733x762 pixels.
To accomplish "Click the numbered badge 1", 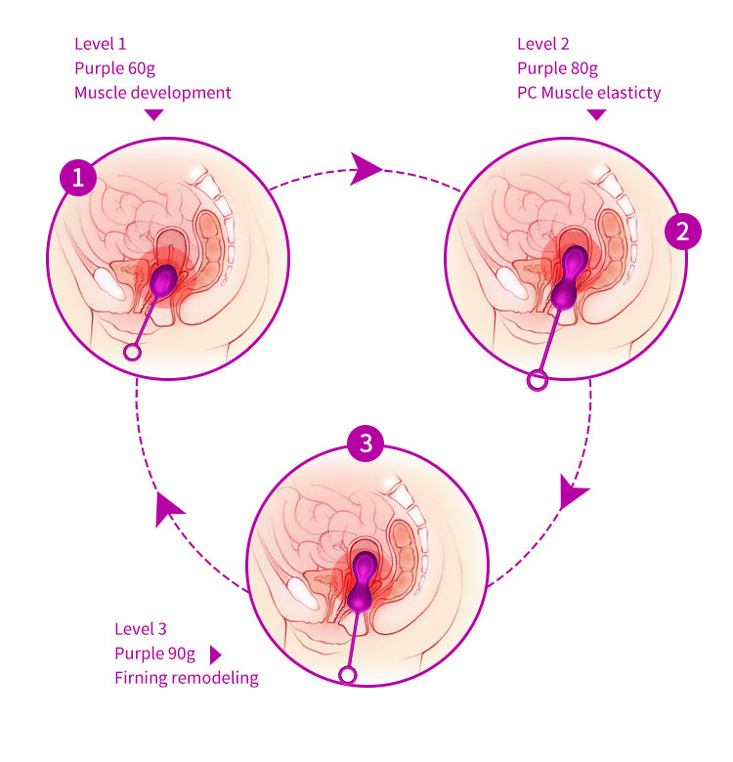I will click(78, 178).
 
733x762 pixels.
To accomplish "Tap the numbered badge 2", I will click(682, 231).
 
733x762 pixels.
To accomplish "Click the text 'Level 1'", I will click(101, 44).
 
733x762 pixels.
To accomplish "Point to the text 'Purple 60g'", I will click(114, 68).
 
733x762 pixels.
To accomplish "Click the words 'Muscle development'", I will click(152, 93).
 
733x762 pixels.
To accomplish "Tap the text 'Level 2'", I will click(542, 44).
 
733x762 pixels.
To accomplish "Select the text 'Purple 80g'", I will click(557, 68).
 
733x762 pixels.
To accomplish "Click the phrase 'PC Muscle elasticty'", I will click(588, 93).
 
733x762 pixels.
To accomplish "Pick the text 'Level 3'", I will click(141, 629).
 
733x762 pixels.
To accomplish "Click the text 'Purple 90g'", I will click(155, 654).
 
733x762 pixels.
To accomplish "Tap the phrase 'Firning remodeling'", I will click(186, 678).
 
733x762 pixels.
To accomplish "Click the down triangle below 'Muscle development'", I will click(153, 115).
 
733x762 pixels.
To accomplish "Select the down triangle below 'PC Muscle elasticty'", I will click(596, 115).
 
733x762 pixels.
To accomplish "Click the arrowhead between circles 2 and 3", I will click(574, 492).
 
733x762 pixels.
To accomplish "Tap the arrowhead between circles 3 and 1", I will click(169, 508).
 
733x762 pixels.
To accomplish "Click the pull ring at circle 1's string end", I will click(132, 352).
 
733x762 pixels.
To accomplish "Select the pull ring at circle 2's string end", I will click(536, 380).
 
